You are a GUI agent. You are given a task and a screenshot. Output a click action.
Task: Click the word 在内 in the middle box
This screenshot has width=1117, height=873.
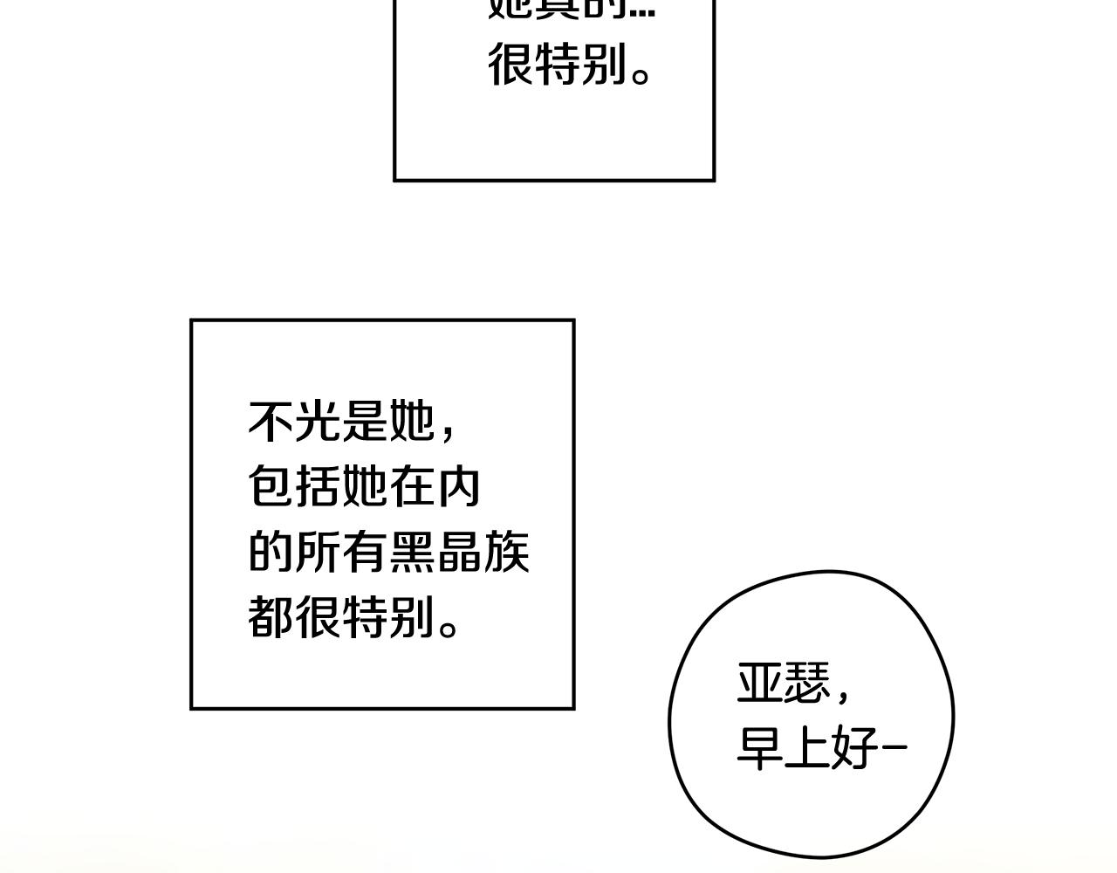tap(435, 487)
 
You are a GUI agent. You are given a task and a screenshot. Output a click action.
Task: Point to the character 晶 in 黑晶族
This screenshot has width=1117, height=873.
tap(459, 552)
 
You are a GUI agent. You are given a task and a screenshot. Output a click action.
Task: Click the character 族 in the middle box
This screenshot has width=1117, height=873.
tap(506, 552)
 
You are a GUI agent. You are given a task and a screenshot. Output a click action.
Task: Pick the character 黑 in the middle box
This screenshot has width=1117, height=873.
tap(412, 552)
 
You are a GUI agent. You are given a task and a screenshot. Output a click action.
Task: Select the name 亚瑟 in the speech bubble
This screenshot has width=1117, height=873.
tap(784, 683)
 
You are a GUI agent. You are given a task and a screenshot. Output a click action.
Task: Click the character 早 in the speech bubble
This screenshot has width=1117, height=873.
tap(760, 748)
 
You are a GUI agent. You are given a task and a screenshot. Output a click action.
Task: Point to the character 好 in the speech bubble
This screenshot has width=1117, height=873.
tap(854, 748)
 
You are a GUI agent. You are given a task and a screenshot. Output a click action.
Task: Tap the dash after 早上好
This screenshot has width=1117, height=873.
tap(894, 748)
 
